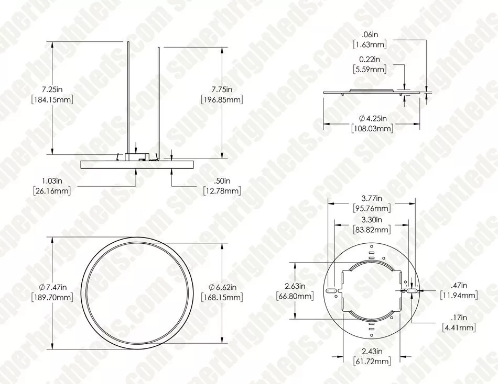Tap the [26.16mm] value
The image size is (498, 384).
coord(51,191)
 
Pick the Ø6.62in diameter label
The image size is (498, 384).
coord(222,287)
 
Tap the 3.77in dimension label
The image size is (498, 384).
coord(371,198)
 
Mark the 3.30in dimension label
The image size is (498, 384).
coord(371,220)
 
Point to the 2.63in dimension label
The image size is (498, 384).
coord(294,286)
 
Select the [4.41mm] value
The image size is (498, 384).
coord(459,328)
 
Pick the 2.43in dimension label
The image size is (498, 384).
coord(371,351)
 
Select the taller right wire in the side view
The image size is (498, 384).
coord(158,99)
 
